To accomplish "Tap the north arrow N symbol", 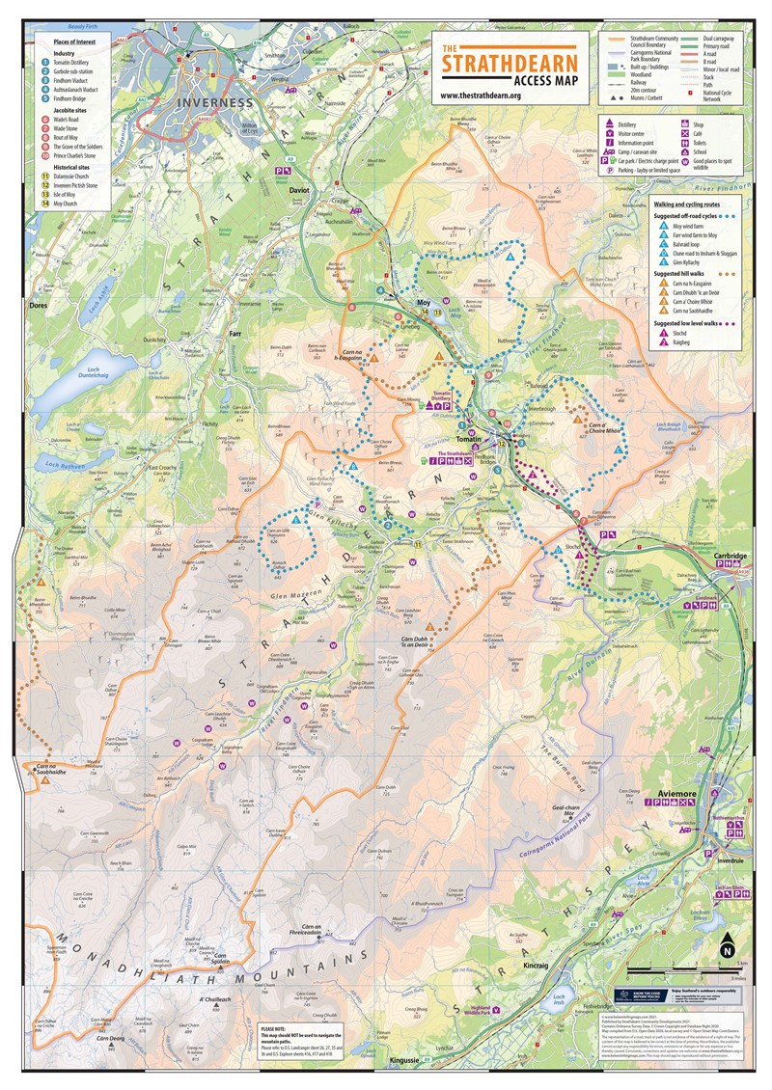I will point(726,949).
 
